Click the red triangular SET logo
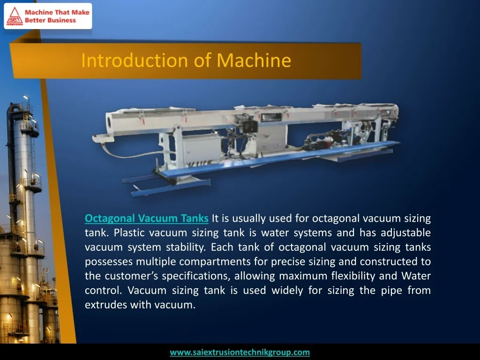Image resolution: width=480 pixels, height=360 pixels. pos(15,16)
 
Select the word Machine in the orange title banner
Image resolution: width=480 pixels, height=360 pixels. pos(254,60)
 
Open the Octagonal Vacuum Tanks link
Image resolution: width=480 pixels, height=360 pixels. pos(147,218)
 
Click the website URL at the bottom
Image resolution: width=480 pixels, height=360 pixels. pos(240,352)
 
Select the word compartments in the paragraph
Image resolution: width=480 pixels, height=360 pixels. pos(218,262)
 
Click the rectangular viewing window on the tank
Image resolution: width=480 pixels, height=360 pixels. pos(271,117)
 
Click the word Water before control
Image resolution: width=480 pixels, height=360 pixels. pos(416,276)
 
